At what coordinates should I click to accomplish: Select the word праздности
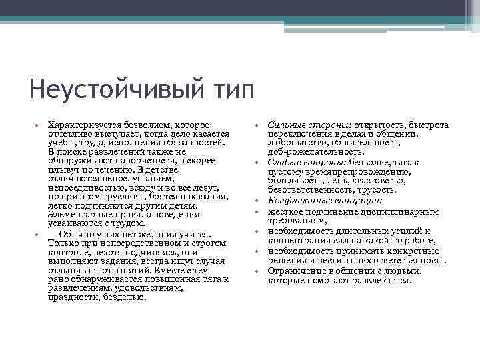click(x=74, y=297)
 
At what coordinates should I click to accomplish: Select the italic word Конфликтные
click(x=296, y=199)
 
